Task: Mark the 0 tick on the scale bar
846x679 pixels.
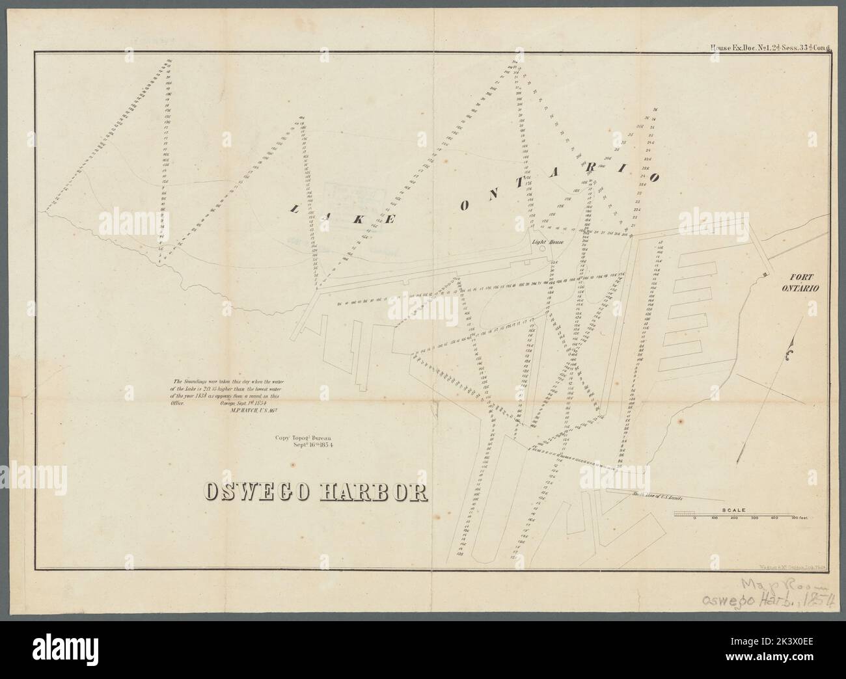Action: click(695, 518)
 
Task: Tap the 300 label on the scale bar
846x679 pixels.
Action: click(755, 518)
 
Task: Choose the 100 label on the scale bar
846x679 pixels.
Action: click(715, 518)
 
